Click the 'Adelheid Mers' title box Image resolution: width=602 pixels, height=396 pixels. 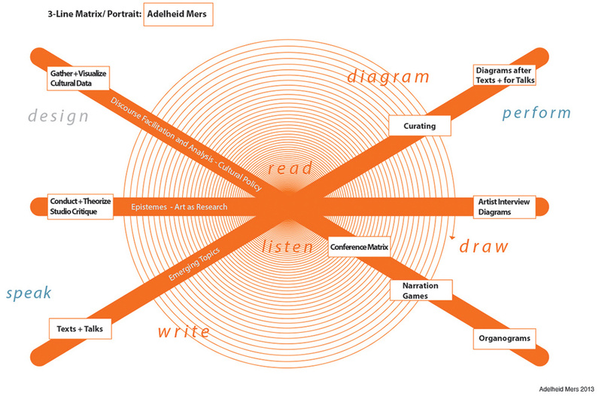[x=178, y=14]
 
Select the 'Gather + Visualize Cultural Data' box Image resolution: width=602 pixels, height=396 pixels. [x=78, y=78]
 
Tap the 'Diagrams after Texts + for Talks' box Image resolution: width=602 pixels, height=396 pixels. [x=504, y=75]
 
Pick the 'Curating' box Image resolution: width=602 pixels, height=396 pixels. [x=420, y=126]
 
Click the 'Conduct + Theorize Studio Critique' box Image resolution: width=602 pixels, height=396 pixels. [x=81, y=206]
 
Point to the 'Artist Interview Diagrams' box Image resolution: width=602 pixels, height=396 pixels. [x=504, y=207]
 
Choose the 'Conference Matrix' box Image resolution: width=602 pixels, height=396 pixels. [x=360, y=247]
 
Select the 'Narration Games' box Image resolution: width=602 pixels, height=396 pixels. [x=421, y=291]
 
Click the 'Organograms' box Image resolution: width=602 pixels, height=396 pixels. [x=504, y=338]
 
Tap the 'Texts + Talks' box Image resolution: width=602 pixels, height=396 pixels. [x=81, y=329]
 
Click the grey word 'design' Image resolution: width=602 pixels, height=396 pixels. [x=59, y=116]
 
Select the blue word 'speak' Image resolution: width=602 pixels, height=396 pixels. [x=29, y=293]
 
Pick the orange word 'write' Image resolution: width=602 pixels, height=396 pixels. [x=184, y=331]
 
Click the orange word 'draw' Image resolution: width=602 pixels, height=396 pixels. [x=484, y=246]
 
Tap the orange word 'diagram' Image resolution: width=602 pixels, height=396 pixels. [x=388, y=77]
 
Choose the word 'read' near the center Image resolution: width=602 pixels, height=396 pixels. [x=290, y=169]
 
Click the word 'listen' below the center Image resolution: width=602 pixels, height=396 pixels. [x=288, y=247]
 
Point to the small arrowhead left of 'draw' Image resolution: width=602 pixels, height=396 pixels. [x=452, y=237]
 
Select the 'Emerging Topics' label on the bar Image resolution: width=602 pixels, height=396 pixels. [x=194, y=263]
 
